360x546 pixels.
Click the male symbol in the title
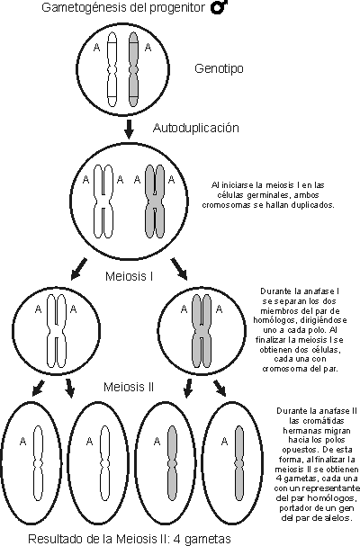tap(220, 7)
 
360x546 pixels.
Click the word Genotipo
tap(219, 68)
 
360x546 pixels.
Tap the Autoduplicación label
tap(196, 128)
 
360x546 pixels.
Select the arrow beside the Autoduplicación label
tap(129, 129)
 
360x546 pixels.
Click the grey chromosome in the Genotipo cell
tap(133, 69)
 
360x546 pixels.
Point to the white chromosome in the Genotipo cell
tap(112, 69)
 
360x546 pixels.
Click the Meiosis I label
tap(130, 276)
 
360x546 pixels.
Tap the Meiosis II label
tap(129, 387)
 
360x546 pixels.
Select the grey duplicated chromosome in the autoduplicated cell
tap(155, 201)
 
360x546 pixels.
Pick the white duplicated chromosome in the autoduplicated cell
tap(103, 201)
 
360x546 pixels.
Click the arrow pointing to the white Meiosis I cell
tap(78, 268)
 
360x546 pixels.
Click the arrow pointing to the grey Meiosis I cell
tap(179, 268)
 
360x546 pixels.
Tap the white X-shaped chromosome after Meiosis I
tap(57, 331)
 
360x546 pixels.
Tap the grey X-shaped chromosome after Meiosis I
tap(202, 331)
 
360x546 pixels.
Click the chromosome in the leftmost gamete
tap(38, 461)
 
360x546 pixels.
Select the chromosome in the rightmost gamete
tap(238, 461)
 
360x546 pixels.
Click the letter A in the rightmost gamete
tap(224, 442)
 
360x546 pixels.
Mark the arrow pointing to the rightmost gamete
tap(220, 389)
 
